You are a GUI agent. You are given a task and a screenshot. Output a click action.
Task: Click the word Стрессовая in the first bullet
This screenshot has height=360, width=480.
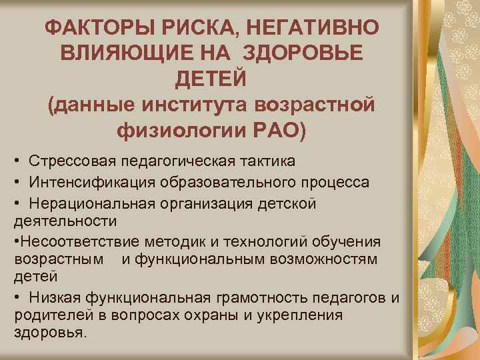pyautogui.click(x=71, y=161)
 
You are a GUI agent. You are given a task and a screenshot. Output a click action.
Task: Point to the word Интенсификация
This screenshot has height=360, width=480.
pyautogui.click(x=89, y=181)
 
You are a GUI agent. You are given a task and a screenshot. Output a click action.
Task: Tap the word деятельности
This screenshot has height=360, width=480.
pyautogui.click(x=65, y=220)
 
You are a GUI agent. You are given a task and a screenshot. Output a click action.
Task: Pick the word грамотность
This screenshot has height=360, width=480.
pyautogui.click(x=251, y=296)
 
